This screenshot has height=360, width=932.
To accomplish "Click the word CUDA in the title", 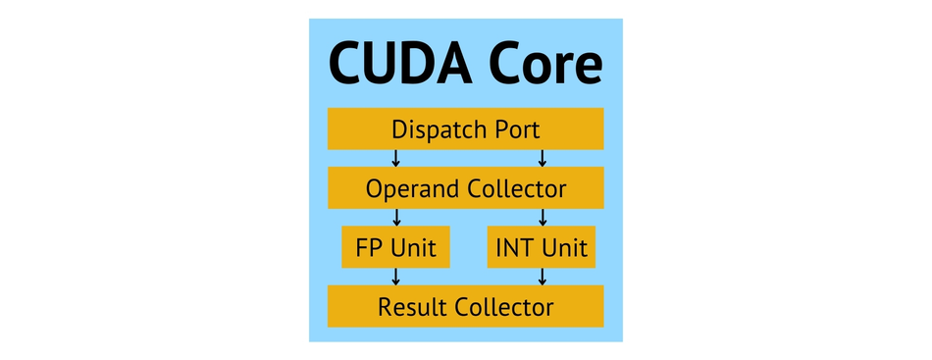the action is click(x=400, y=62).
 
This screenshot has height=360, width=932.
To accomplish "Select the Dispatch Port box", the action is click(x=465, y=129).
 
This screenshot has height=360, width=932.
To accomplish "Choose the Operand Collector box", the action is click(x=465, y=187).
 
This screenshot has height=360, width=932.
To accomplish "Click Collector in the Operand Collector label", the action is click(x=516, y=189).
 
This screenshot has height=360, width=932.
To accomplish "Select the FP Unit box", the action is click(x=396, y=246).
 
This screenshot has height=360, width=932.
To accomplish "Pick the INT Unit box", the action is click(x=542, y=246).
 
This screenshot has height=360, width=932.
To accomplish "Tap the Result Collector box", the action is click(x=465, y=306).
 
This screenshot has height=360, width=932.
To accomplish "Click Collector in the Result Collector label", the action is click(x=504, y=307).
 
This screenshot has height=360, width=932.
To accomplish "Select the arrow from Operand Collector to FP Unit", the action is click(x=396, y=218).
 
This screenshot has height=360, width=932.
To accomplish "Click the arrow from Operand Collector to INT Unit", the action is click(x=543, y=218).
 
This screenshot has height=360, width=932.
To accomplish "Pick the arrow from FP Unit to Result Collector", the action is click(x=396, y=277).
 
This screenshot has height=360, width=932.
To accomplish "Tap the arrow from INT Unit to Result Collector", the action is click(x=543, y=277).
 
